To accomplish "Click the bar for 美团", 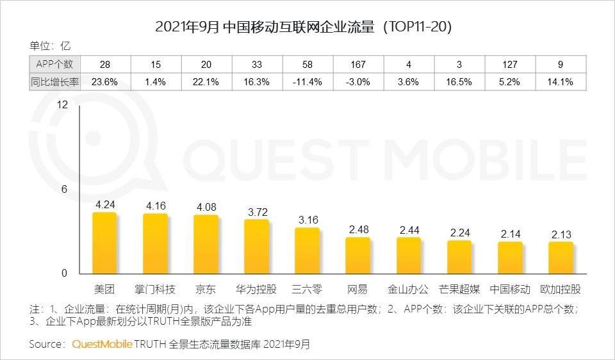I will tap(104, 243).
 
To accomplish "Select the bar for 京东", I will tap(206, 245).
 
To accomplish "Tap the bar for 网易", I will tap(358, 256).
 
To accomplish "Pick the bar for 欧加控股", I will tap(561, 258).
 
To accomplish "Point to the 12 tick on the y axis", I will tap(62, 105).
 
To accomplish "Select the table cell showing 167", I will tap(358, 64).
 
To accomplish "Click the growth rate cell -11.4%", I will tap(307, 81).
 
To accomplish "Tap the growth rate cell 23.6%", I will tap(104, 81).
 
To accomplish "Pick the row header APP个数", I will tap(54, 64).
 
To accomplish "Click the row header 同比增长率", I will tap(54, 81).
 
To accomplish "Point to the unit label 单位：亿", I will tap(50, 45).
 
